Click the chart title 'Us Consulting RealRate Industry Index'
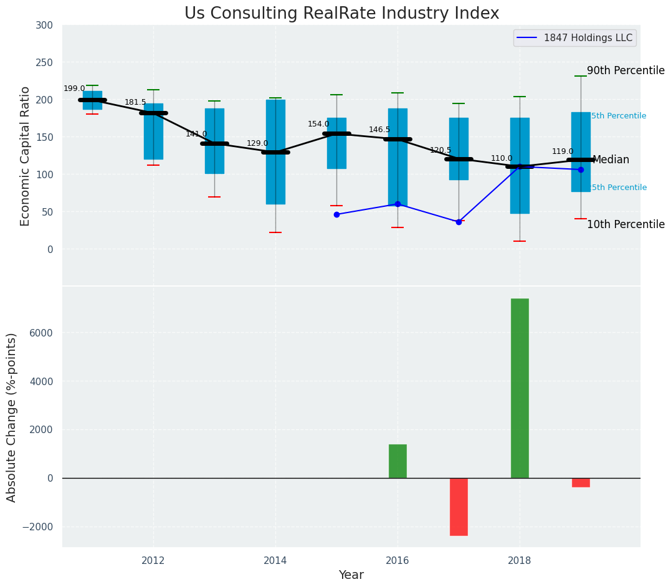tap(341, 14)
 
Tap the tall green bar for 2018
tap(520, 388)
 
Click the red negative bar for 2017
tap(459, 507)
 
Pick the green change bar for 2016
tap(397, 461)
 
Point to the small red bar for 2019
tap(581, 482)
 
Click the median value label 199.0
tap(74, 88)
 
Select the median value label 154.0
tap(318, 124)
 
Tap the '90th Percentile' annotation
tap(626, 71)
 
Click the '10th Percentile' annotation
tap(626, 225)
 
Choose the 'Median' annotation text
tap(611, 160)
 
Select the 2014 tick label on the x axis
tap(275, 561)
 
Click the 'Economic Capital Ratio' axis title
tap(26, 156)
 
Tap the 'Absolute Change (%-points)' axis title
tap(12, 417)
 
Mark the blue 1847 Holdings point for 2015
tap(336, 214)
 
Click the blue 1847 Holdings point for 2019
tap(581, 169)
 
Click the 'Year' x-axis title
tap(351, 575)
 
